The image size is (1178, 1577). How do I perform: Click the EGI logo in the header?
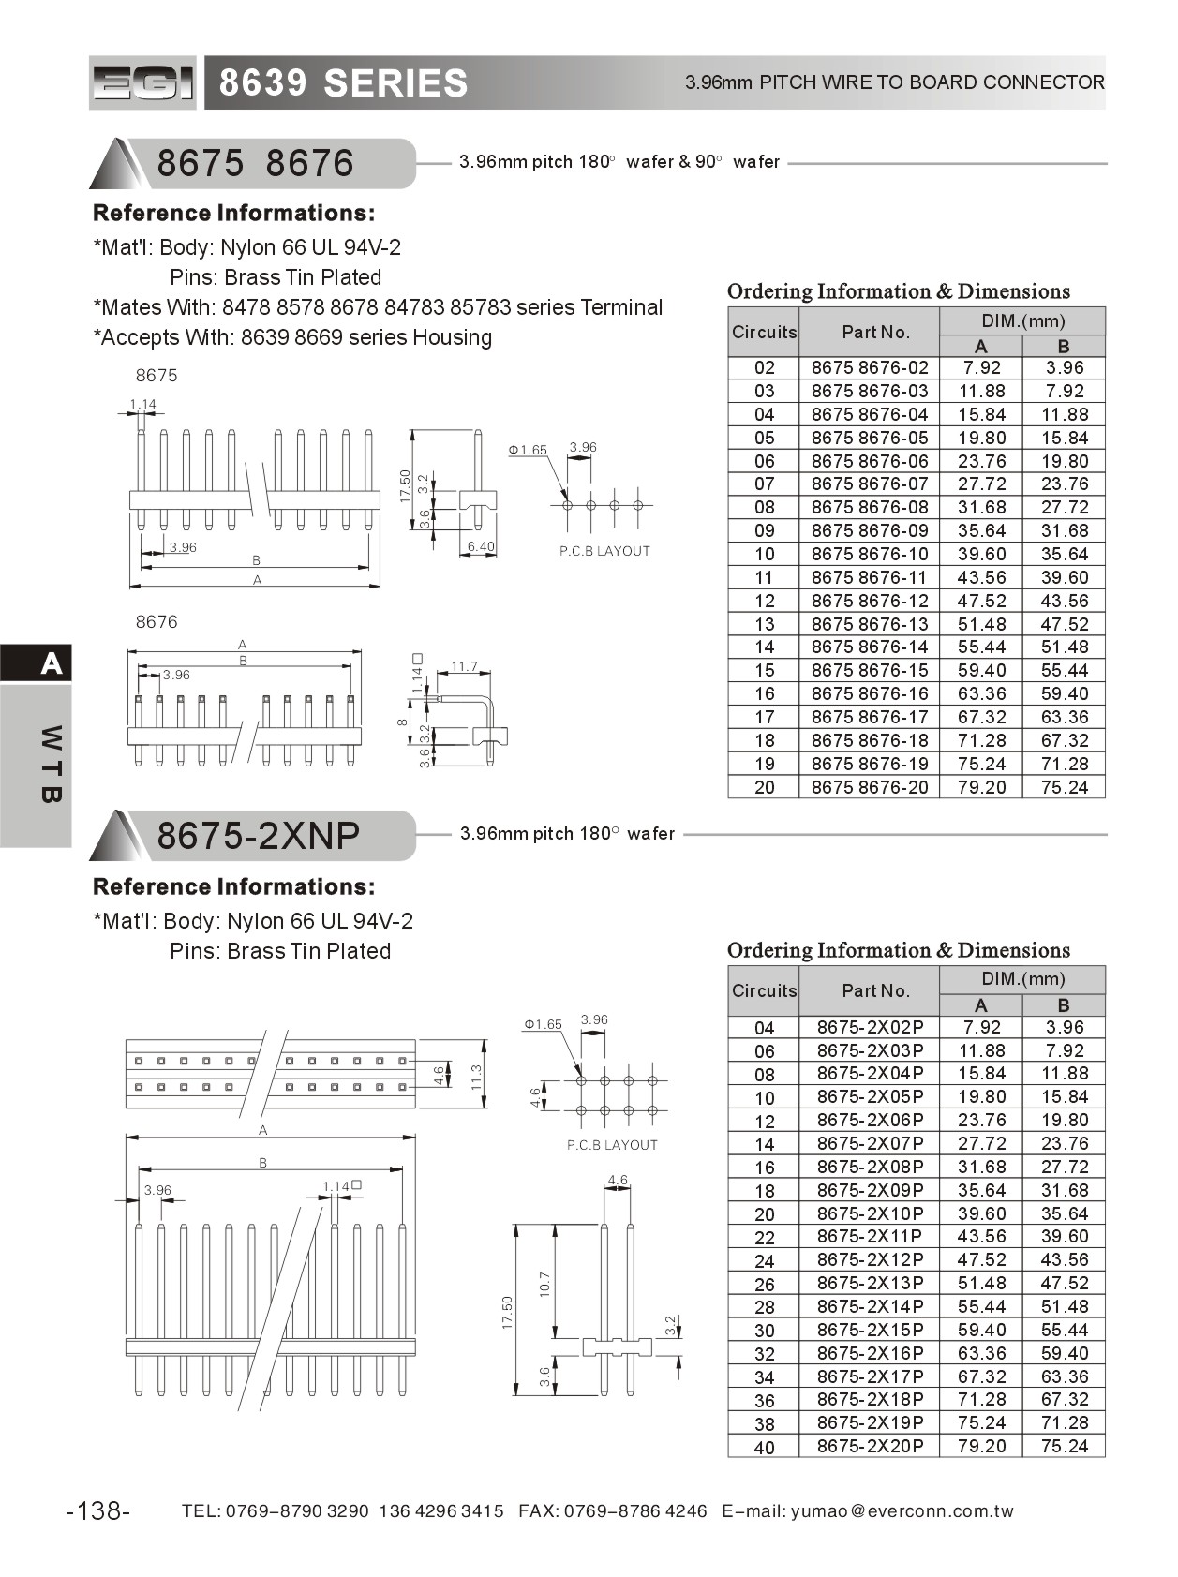[x=142, y=83]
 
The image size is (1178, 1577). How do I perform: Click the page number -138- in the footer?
[x=98, y=1510]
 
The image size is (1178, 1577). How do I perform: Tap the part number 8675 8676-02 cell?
[x=870, y=368]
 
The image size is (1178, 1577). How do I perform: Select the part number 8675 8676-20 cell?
[x=870, y=787]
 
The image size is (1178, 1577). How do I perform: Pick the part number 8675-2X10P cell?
[x=870, y=1213]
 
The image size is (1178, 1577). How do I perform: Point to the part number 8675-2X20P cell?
[x=870, y=1446]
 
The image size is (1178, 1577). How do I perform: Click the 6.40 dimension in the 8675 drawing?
[x=481, y=546]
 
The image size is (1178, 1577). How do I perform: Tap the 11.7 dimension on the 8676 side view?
[x=464, y=667]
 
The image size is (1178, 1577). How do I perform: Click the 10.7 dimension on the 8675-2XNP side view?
[x=544, y=1284]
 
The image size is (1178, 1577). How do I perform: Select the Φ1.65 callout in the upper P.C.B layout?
[x=529, y=450]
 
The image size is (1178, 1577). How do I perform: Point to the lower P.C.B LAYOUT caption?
[x=612, y=1145]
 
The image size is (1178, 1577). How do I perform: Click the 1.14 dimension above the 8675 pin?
[x=142, y=405]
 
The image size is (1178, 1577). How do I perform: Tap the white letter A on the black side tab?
[x=51, y=664]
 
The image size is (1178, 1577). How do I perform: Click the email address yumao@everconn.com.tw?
[x=902, y=1510]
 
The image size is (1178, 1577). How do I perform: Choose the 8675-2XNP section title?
[x=258, y=835]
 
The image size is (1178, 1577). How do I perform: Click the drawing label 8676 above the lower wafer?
[x=156, y=622]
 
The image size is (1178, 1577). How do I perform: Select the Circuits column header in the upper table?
[x=764, y=332]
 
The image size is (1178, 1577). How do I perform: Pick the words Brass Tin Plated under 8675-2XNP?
[x=308, y=951]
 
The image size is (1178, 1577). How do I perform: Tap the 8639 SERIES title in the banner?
[x=343, y=83]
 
